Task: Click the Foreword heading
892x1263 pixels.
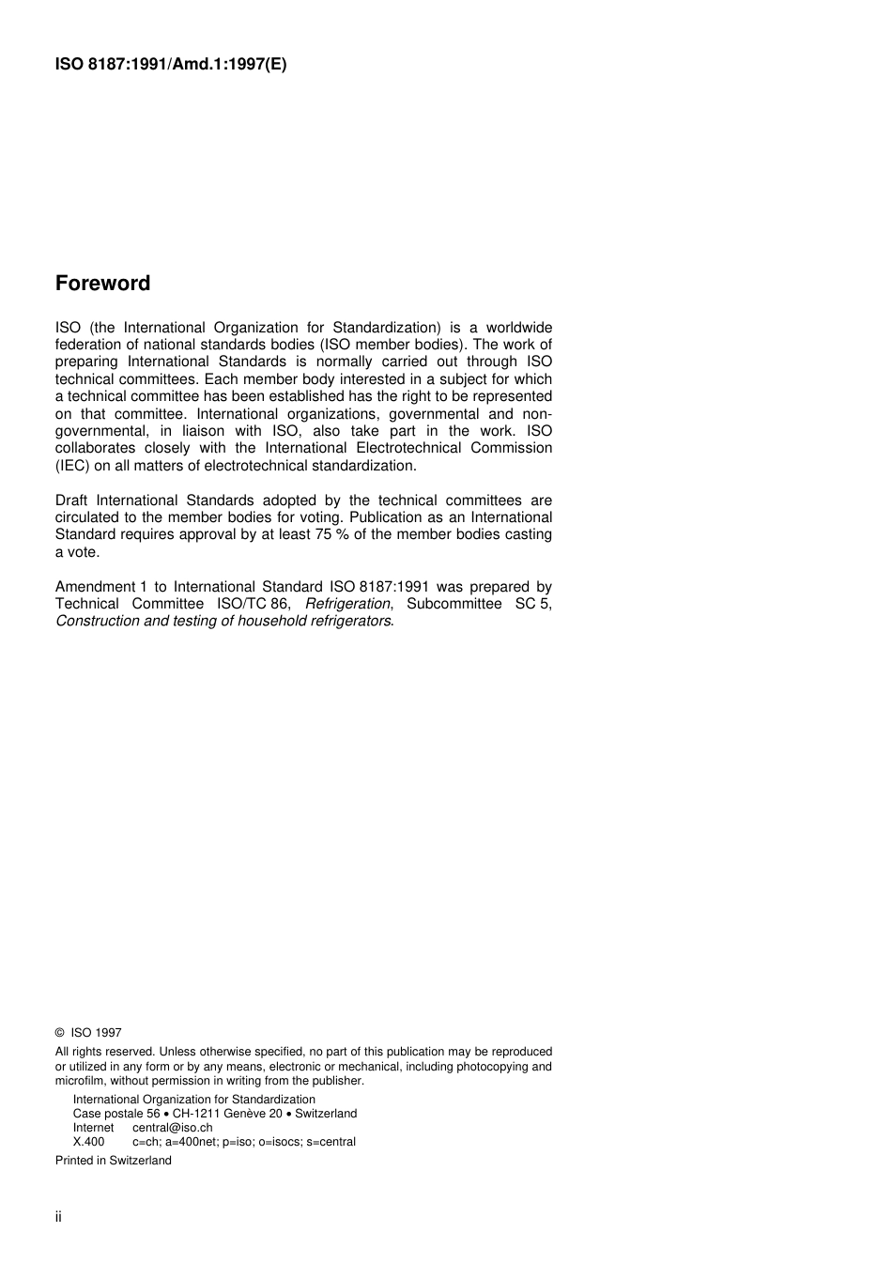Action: (x=102, y=284)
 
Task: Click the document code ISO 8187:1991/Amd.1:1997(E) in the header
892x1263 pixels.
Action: (x=171, y=65)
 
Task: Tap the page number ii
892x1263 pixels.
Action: (x=58, y=1217)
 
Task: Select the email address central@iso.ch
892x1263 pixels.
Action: (x=172, y=1128)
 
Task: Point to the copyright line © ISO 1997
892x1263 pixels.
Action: (x=88, y=1032)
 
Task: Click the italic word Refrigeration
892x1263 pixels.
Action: (x=347, y=604)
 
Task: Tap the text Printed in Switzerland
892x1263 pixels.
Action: (x=114, y=1161)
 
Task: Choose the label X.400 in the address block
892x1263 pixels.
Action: (x=89, y=1142)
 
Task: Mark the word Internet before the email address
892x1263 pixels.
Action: (x=94, y=1128)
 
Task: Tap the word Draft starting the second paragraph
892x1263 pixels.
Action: (x=71, y=501)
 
